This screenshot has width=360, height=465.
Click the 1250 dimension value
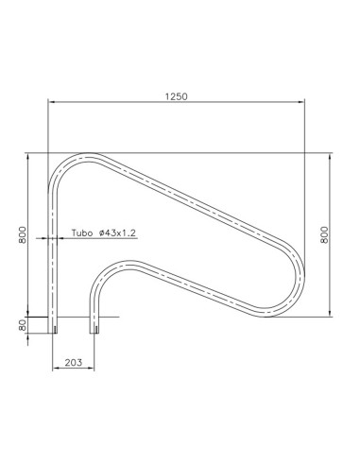tap(176, 95)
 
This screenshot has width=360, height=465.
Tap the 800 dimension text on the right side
tap(325, 234)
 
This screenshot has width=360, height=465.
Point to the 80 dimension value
tap(23, 324)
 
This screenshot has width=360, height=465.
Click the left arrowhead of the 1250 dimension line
tap(52, 102)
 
